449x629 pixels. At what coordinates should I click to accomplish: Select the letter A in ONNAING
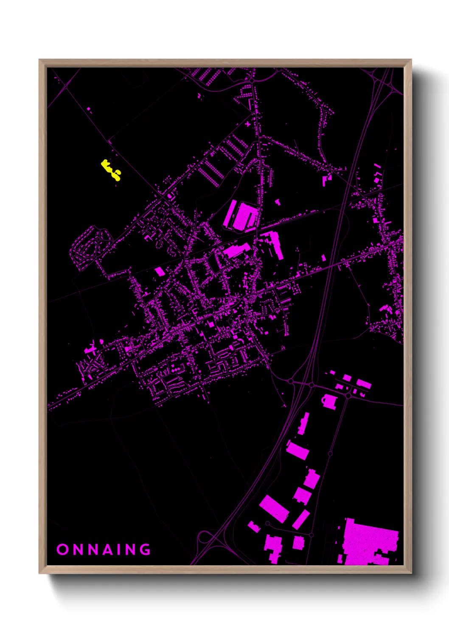pyautogui.click(x=109, y=550)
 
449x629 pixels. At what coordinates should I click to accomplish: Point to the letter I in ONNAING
pyautogui.click(x=124, y=550)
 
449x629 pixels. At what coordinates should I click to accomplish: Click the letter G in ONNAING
pyautogui.click(x=144, y=550)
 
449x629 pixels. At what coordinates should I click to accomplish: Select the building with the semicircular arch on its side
pyautogui.click(x=329, y=401)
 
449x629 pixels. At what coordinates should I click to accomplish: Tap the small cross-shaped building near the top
pyautogui.click(x=248, y=124)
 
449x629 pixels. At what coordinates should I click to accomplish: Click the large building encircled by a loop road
pyautogui.click(x=241, y=215)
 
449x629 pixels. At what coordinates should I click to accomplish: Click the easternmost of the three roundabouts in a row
pyautogui.click(x=348, y=395)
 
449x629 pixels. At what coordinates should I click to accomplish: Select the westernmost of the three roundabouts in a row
pyautogui.click(x=291, y=382)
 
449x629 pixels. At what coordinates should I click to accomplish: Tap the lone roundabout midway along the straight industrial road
pyautogui.click(x=330, y=453)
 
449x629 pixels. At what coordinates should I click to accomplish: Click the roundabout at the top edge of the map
pyautogui.click(x=252, y=79)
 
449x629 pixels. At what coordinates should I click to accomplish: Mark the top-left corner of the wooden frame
pyautogui.click(x=40, y=60)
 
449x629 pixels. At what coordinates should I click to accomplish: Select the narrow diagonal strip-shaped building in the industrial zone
pyautogui.click(x=301, y=519)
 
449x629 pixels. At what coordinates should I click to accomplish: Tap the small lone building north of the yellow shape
pyautogui.click(x=89, y=109)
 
